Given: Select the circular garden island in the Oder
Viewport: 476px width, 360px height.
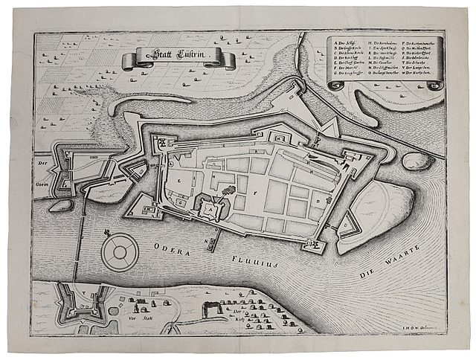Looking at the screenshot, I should click(118, 252).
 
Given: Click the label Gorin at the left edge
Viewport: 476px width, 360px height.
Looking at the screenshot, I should click(42, 170).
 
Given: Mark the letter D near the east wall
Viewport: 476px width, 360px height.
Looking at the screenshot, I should click(318, 200).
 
